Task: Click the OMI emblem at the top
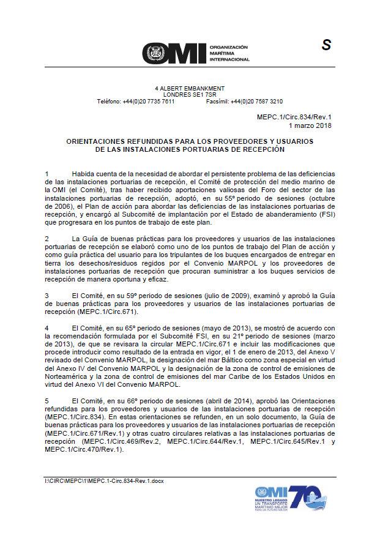point(157,54)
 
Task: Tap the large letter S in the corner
point(326,45)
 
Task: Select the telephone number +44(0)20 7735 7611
point(148,102)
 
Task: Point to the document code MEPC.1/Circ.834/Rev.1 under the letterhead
point(295,116)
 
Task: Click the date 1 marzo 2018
point(311,125)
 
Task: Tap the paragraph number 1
point(47,174)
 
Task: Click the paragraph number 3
point(47,296)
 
